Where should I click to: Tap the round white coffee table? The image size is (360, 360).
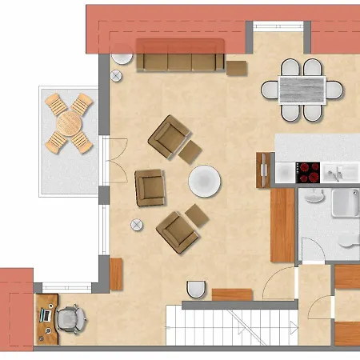tap(204, 181)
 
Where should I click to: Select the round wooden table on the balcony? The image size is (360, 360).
tap(69, 124)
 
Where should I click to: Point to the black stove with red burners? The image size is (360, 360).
tap(308, 171)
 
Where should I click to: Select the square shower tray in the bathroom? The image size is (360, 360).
tap(346, 203)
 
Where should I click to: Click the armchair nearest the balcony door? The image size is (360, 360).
tap(150, 186)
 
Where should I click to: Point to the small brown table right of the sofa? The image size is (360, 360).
tap(236, 66)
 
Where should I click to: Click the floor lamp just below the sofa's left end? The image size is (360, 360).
tap(118, 75)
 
